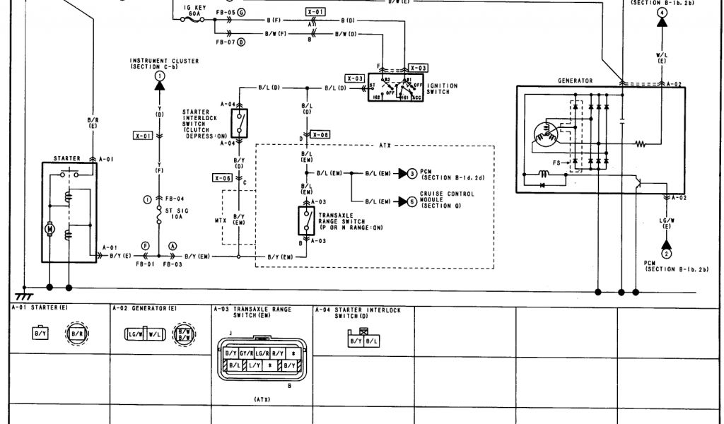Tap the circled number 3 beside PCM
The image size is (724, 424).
click(x=413, y=172)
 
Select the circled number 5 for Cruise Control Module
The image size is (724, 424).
click(x=413, y=201)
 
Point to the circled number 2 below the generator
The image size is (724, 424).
click(x=665, y=253)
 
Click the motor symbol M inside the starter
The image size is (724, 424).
click(x=49, y=228)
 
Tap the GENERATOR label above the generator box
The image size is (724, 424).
click(x=575, y=81)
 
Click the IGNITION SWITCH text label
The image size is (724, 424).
click(x=443, y=88)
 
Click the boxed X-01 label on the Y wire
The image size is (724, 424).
click(x=142, y=134)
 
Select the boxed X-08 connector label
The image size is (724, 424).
click(x=320, y=134)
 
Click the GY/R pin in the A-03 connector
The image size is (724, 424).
click(x=247, y=353)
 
